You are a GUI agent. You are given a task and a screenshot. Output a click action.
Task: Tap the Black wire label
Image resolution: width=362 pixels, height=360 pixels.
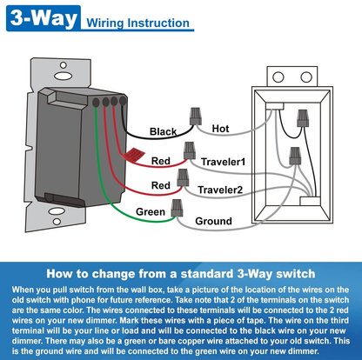click(x=163, y=132)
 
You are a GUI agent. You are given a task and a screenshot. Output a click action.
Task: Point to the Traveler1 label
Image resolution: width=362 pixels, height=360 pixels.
click(x=223, y=162)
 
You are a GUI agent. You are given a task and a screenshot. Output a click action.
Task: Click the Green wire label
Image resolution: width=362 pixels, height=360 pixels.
click(x=151, y=212)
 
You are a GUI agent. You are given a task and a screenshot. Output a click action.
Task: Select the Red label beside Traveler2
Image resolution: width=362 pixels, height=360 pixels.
click(x=161, y=186)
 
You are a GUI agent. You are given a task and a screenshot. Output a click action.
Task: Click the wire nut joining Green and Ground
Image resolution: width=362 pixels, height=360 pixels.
click(x=178, y=208)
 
